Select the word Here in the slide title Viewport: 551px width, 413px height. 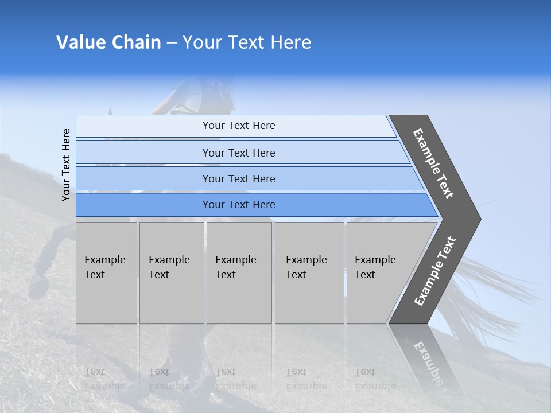pos(290,42)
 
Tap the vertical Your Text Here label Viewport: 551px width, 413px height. pos(66,165)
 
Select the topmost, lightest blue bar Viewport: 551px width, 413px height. pos(238,126)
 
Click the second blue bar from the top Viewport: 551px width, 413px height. pos(238,153)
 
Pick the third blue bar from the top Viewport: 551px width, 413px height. pos(238,178)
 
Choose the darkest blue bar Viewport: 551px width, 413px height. pos(238,205)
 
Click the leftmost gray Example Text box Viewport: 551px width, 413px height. pos(106,272)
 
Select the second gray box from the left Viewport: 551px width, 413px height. pos(171,272)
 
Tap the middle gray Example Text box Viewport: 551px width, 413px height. pos(239,272)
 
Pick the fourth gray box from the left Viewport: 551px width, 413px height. pos(309,272)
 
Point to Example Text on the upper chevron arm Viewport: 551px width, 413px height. pos(433,163)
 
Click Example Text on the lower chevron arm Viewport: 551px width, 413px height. pos(435,271)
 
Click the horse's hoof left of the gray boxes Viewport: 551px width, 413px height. pos(38,285)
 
